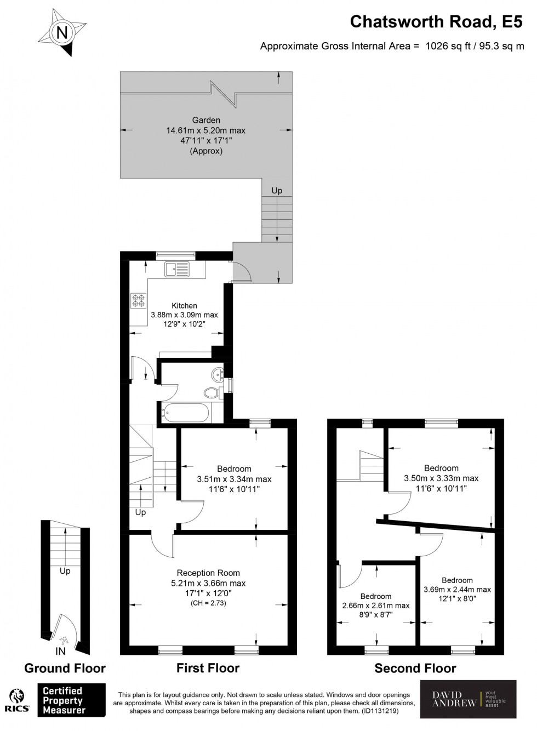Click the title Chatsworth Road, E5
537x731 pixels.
point(437,21)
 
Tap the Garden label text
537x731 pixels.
point(205,120)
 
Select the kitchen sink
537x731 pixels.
point(176,269)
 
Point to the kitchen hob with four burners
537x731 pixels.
point(138,300)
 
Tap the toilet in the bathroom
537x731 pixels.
point(211,392)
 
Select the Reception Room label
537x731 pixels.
point(208,573)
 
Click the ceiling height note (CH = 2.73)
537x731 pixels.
point(208,603)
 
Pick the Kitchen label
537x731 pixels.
point(184,306)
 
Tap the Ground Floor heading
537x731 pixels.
point(65,668)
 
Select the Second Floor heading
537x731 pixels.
point(415,668)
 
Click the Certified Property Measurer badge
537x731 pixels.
point(71,700)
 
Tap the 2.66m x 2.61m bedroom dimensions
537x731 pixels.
point(376,606)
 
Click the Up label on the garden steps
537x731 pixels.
point(277,191)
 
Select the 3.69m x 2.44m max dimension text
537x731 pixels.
point(457,590)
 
